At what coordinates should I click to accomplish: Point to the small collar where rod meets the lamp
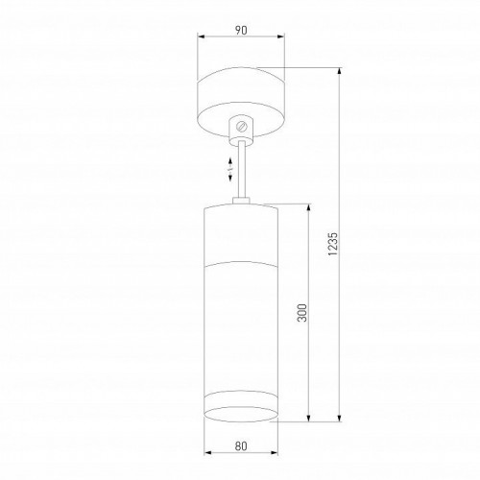click(241, 200)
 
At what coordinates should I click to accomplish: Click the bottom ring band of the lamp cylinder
click(240, 407)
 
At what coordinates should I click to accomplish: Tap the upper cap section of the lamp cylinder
click(240, 230)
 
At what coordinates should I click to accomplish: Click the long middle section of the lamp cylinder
click(240, 326)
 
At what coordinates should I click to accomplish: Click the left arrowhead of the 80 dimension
click(205, 455)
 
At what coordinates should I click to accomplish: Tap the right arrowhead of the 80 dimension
click(275, 455)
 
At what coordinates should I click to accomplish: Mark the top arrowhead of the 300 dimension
click(307, 206)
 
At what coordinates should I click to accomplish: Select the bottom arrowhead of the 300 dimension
click(307, 417)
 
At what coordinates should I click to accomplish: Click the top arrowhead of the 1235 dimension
click(341, 69)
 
